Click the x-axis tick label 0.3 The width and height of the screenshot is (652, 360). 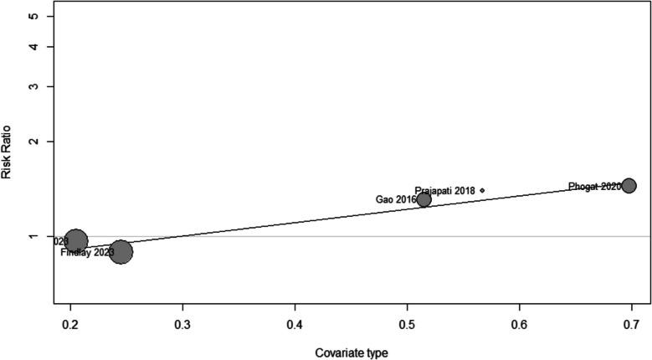click(182, 323)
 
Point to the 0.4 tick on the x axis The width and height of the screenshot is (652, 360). click(295, 323)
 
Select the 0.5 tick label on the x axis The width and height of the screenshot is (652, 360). click(407, 323)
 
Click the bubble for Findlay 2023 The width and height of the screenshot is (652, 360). click(121, 251)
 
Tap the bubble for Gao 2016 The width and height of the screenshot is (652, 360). click(424, 199)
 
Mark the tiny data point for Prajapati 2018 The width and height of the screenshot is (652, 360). click(482, 191)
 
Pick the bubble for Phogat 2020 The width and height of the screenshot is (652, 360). click(629, 186)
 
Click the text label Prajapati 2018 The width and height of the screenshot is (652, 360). click(444, 191)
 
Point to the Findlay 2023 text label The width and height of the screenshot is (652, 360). click(86, 252)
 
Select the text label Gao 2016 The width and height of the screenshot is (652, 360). click(395, 199)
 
